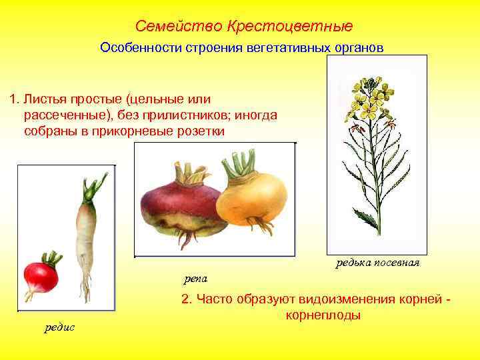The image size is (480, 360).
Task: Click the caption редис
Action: [60, 327]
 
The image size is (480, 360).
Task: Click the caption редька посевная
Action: [377, 263]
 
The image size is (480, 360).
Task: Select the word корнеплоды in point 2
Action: [323, 315]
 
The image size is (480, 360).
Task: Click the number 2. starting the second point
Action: [186, 300]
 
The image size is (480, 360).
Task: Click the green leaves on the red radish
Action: [52, 257]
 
